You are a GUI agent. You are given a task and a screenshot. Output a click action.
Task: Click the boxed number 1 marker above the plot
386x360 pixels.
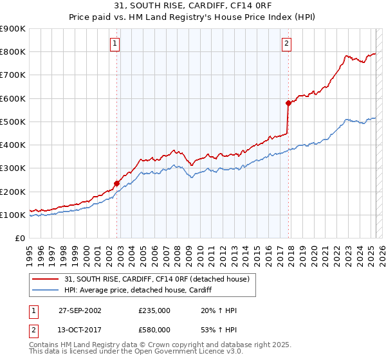click(114, 44)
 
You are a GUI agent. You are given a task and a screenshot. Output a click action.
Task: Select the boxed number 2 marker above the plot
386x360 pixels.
click(286, 44)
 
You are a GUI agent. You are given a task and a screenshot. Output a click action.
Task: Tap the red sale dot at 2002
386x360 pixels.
click(117, 183)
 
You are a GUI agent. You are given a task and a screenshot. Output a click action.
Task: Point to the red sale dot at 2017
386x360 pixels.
click(288, 103)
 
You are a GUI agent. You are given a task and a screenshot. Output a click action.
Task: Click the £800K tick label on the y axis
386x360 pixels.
click(12, 52)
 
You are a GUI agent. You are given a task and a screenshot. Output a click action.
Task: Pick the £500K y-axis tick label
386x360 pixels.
click(12, 122)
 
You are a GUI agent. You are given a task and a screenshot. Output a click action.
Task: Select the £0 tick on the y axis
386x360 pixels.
click(20, 239)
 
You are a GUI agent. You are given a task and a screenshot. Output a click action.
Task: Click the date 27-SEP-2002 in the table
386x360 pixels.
click(80, 310)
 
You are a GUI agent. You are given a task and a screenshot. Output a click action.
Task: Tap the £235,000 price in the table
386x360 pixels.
click(154, 310)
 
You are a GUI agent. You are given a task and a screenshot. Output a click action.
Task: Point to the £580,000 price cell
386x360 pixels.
click(154, 330)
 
